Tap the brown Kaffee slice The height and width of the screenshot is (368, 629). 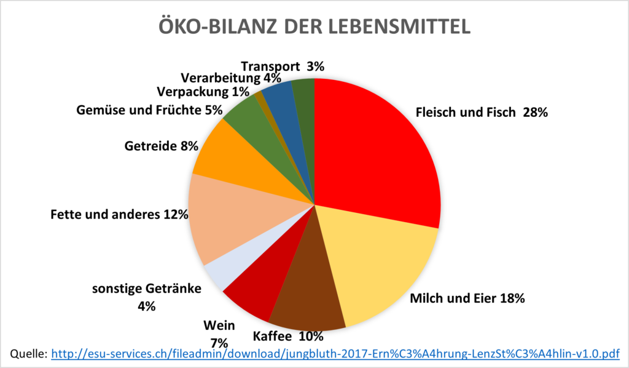[x=307, y=295]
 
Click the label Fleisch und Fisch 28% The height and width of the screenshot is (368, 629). [x=481, y=113]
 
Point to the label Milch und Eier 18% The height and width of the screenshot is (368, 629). [x=467, y=299]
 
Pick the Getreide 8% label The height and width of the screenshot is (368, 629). [x=162, y=146]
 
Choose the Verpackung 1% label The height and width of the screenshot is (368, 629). [x=203, y=92]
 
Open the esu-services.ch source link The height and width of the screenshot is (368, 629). [x=335, y=354]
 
